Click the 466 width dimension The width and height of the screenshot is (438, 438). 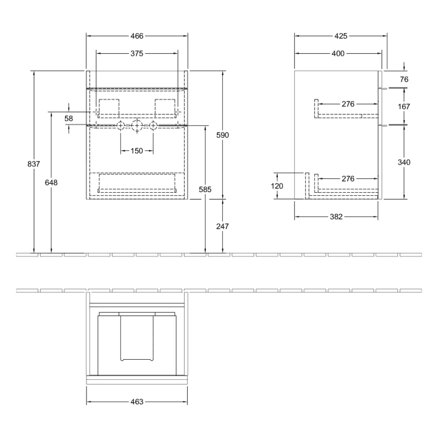click(x=137, y=36)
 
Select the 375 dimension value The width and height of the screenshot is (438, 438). click(x=137, y=54)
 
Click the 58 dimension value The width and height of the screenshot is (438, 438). click(x=69, y=118)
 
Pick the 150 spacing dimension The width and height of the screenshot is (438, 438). click(x=136, y=151)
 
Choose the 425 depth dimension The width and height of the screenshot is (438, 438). click(x=340, y=36)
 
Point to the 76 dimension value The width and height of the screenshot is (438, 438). click(x=404, y=79)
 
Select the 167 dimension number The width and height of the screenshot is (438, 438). click(x=404, y=106)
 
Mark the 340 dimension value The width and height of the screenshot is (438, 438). click(x=404, y=163)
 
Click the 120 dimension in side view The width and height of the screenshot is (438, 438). click(x=278, y=186)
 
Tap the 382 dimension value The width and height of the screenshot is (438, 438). click(x=336, y=217)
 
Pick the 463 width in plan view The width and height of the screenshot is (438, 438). click(x=137, y=401)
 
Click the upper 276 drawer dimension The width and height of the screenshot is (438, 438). click(x=348, y=103)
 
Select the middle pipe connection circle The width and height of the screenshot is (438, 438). click(x=136, y=126)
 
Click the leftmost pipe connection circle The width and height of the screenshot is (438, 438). click(x=121, y=126)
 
